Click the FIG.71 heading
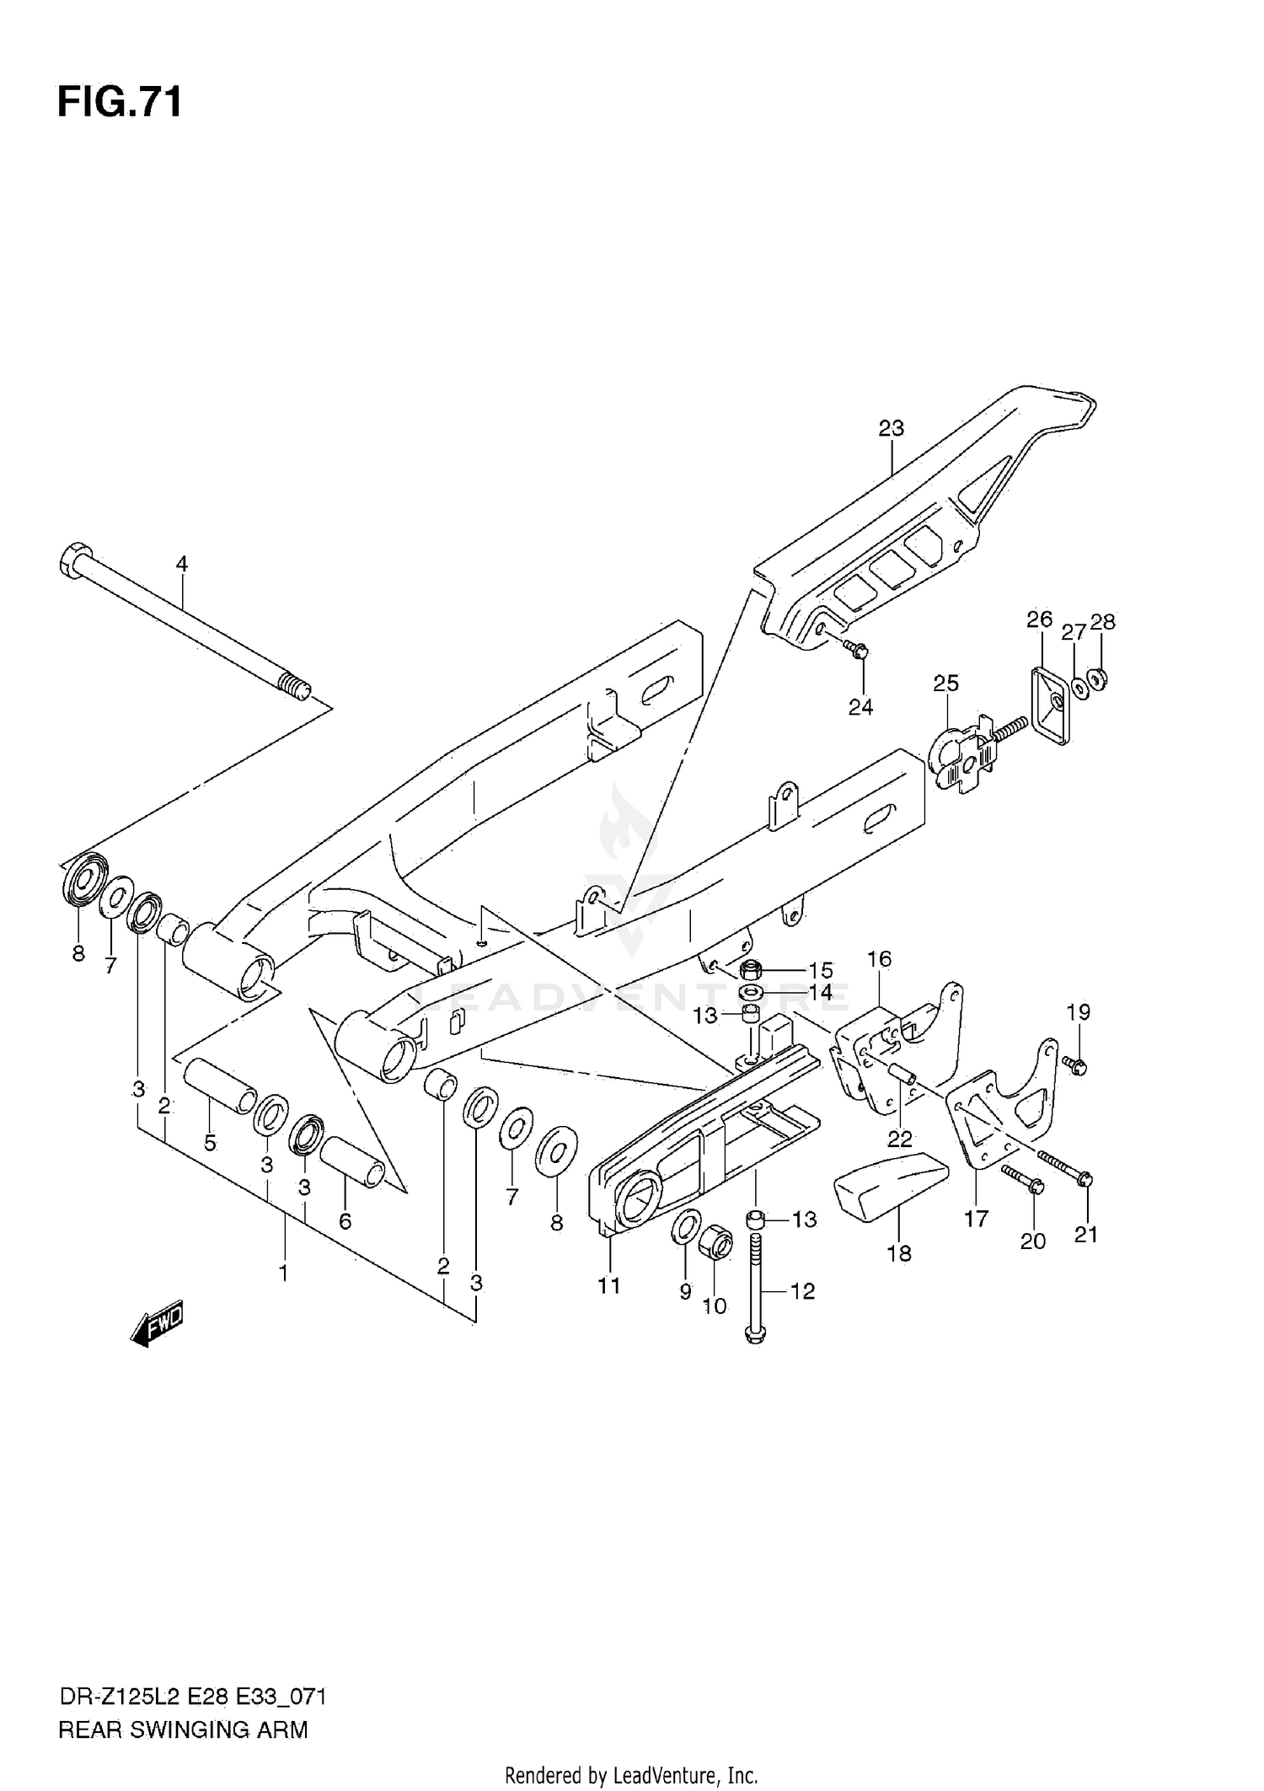119,104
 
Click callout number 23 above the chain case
891,428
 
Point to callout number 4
181,564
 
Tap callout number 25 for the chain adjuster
945,683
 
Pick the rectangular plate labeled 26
1049,705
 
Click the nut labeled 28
1097,678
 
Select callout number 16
879,958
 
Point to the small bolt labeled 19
1074,1066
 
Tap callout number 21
1086,1234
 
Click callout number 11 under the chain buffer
609,1285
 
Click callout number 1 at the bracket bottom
284,1273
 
